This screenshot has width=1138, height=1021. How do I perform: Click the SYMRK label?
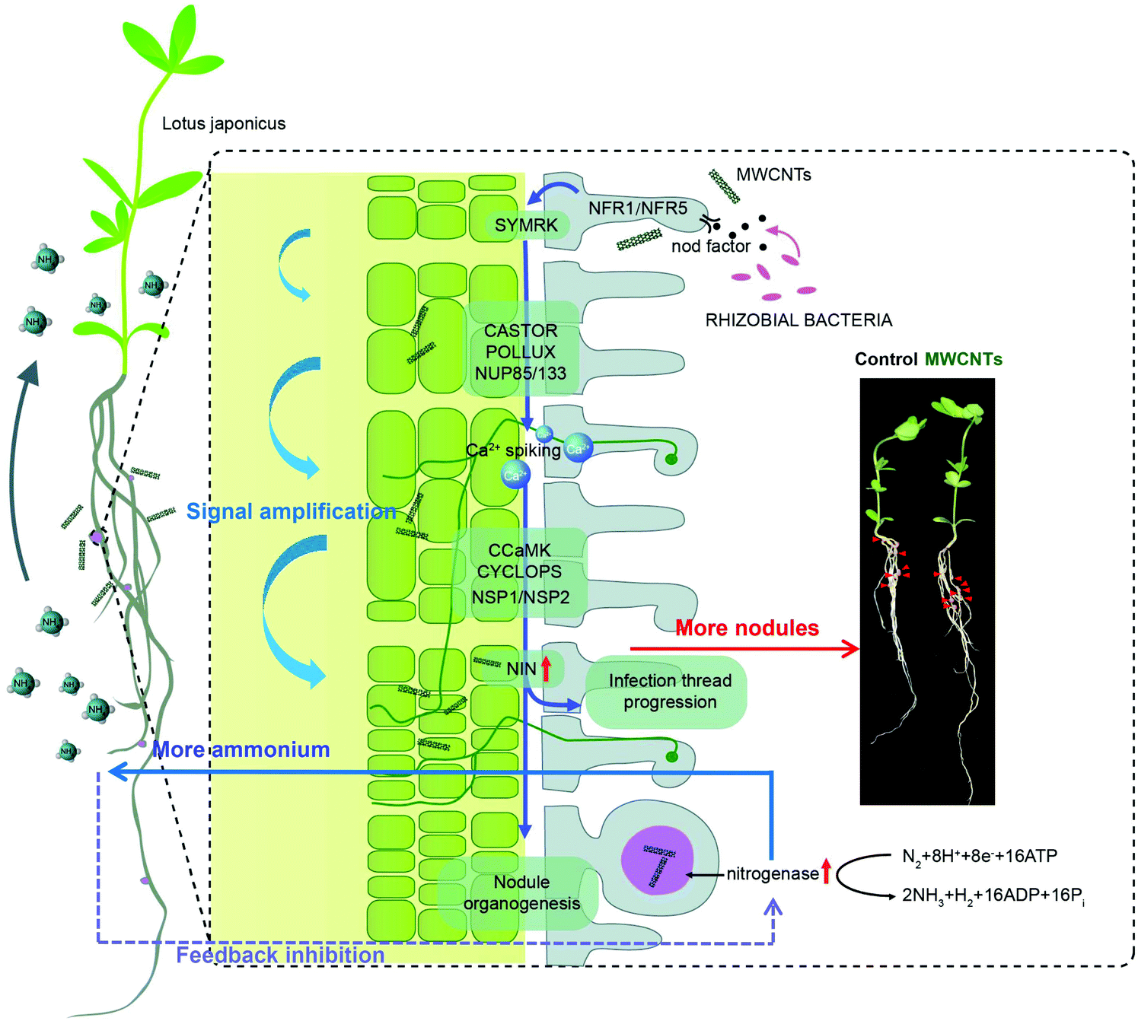click(526, 225)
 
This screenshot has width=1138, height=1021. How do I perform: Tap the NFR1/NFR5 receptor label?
click(637, 208)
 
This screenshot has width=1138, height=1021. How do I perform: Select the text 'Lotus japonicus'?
click(224, 123)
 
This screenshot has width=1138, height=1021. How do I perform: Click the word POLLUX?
click(521, 351)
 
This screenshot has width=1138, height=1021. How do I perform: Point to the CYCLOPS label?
click(519, 571)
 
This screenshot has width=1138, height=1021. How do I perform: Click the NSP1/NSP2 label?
click(521, 597)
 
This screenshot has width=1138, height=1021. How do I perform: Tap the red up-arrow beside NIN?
click(546, 667)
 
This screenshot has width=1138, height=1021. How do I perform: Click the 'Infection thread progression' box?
click(670, 691)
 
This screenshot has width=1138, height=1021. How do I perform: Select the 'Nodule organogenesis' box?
click(521, 892)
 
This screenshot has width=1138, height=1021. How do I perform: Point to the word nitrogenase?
click(772, 873)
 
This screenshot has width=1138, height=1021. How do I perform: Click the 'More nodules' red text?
click(747, 628)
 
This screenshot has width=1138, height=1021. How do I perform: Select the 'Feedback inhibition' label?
click(280, 955)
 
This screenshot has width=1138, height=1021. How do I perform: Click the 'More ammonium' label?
click(241, 749)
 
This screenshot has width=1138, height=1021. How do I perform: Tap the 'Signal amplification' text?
click(292, 511)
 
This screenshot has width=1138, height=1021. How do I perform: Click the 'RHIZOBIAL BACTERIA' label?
click(799, 320)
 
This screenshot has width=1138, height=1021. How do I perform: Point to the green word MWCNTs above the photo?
click(964, 359)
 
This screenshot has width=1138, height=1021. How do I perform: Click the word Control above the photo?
click(886, 359)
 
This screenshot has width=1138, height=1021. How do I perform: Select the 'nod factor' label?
click(710, 246)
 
